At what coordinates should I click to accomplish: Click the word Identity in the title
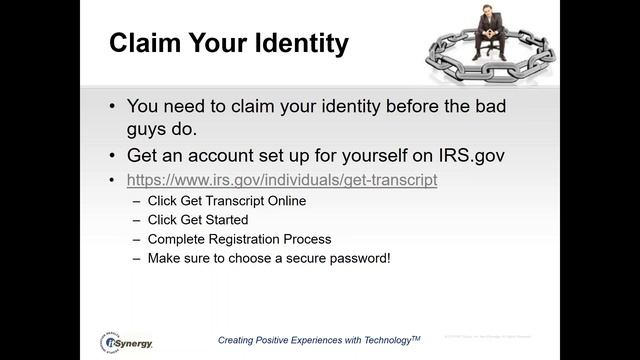298,44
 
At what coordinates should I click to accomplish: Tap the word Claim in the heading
143,44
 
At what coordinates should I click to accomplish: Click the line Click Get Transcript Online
226,200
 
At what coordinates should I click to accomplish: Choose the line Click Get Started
198,219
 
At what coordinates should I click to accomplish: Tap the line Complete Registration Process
239,239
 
